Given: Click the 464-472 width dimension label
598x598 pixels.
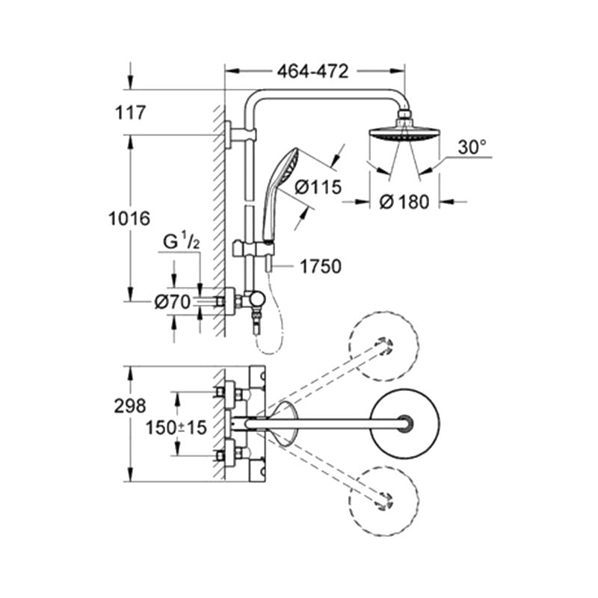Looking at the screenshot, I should pos(313,72).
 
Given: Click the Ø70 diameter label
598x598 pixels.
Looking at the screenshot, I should pos(173,302).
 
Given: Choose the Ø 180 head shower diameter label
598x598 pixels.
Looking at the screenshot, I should pos(404,203).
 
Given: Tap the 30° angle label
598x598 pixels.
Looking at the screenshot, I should pos(472,147).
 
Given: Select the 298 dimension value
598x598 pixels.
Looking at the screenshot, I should pos(132,407).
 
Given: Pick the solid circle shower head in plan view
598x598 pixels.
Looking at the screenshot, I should pos(405,423).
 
